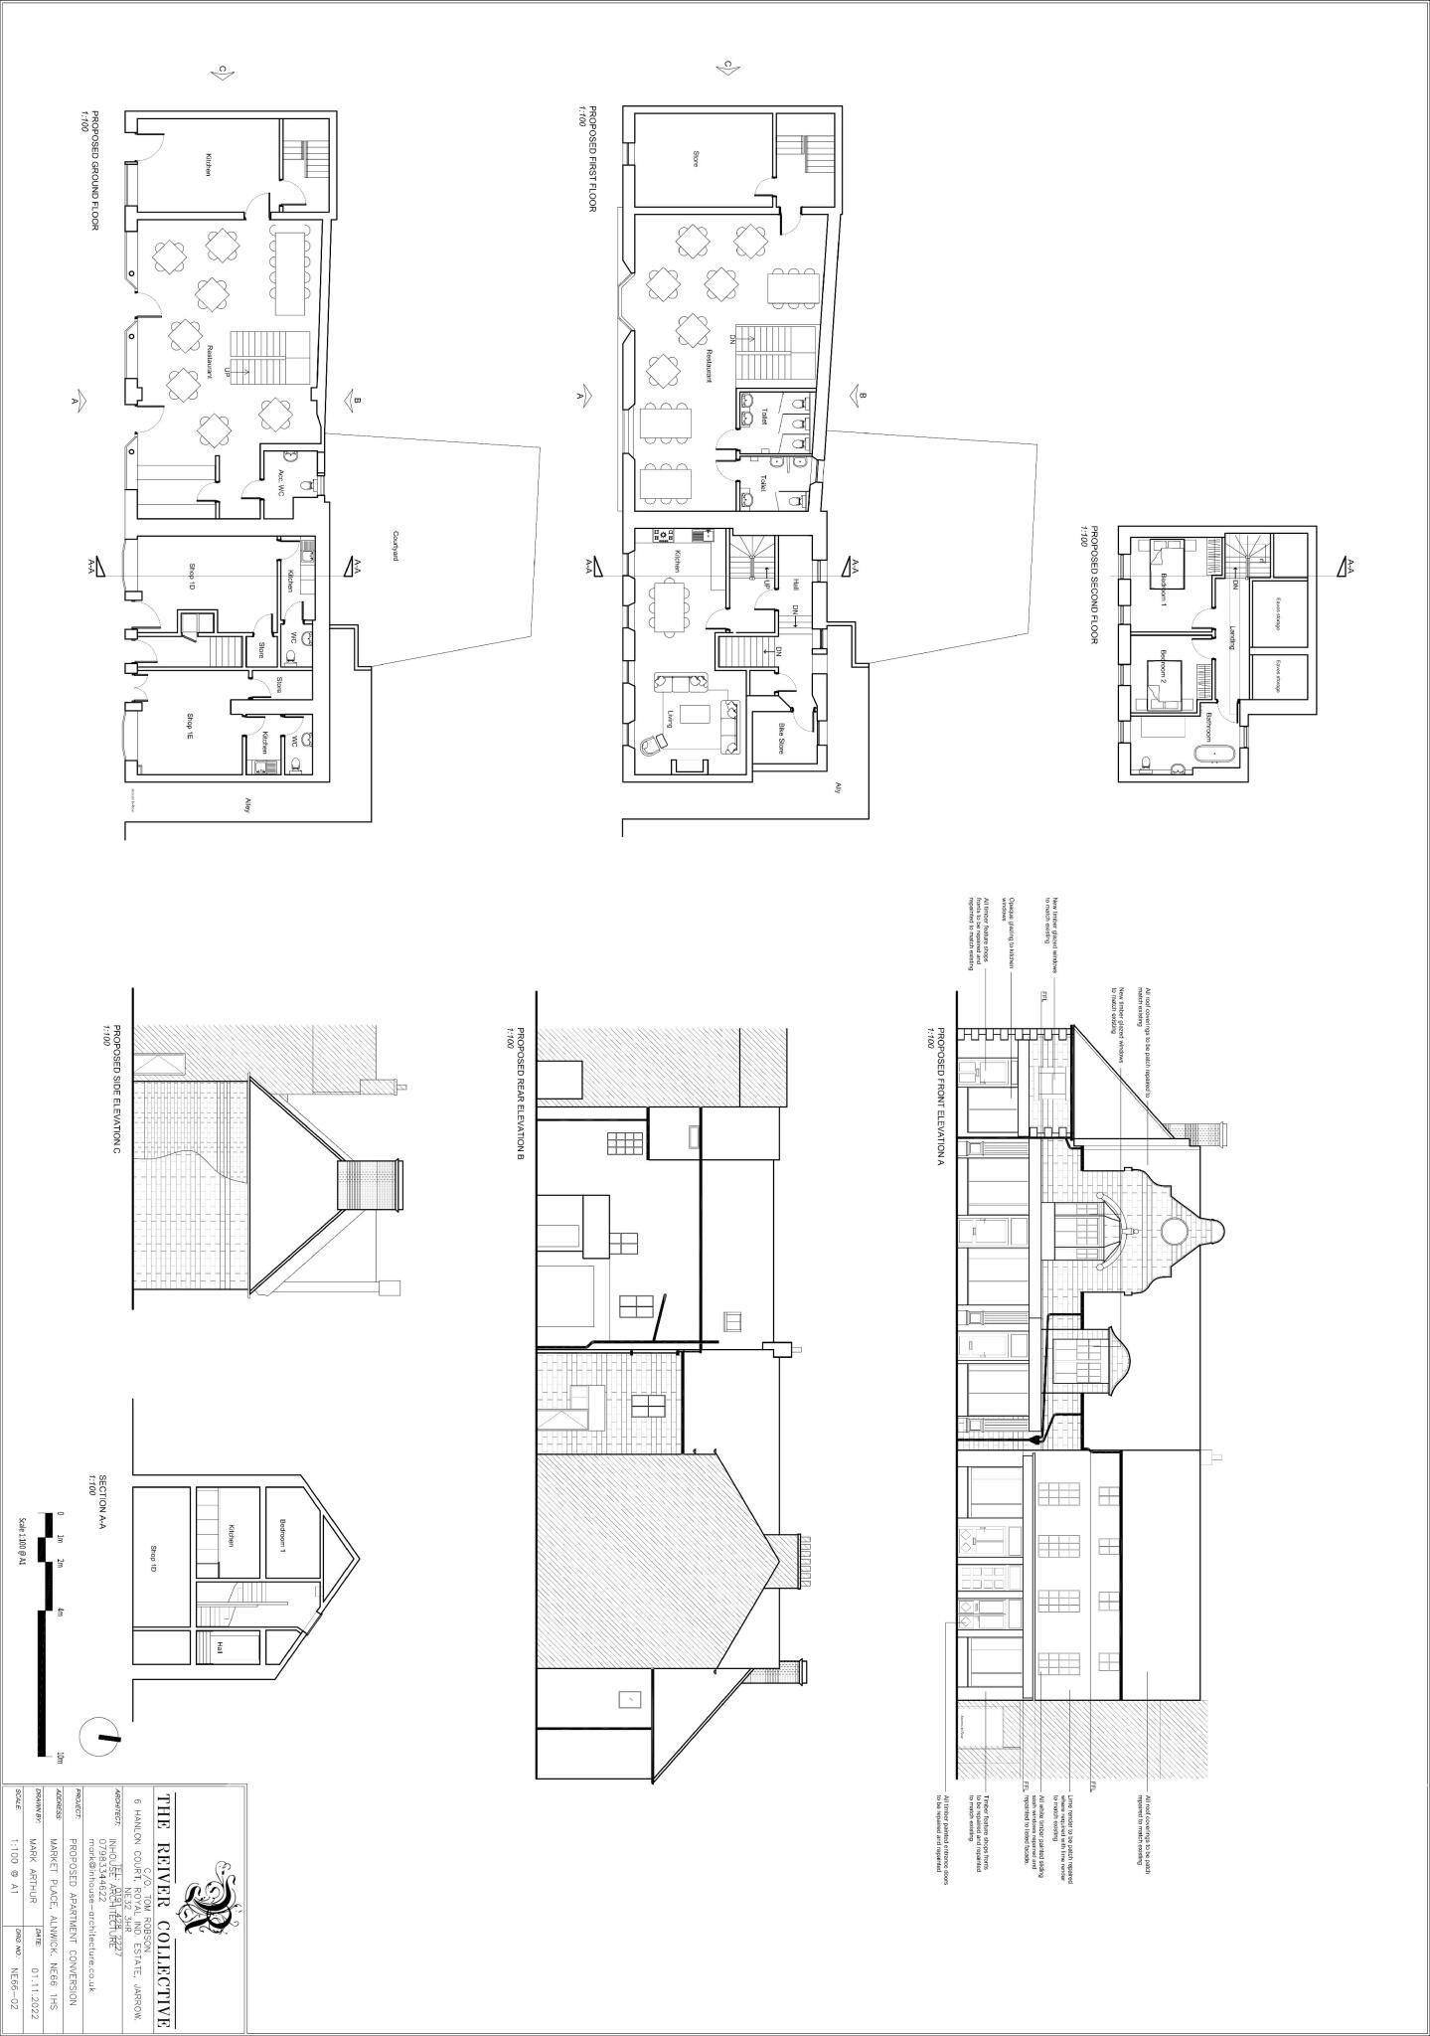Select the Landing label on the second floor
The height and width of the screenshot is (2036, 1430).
coord(1231,637)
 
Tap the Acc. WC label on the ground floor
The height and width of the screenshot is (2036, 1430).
coord(282,483)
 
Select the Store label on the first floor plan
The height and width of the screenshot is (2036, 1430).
coord(695,157)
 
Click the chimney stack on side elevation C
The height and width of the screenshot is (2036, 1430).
coord(370,1185)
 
